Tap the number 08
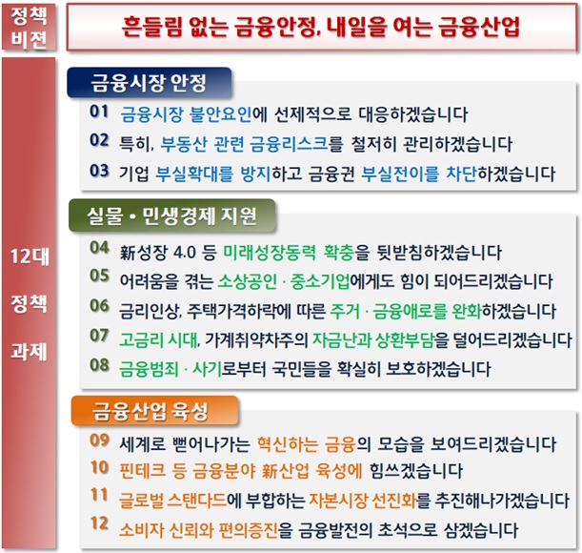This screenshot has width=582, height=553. [x=100, y=365]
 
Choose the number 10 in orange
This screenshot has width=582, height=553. [x=100, y=468]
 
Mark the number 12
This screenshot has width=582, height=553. [x=100, y=525]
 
